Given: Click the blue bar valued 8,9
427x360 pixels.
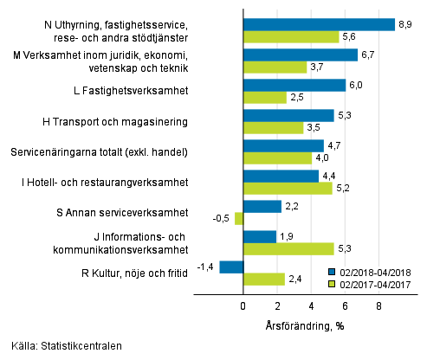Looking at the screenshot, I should (319, 24).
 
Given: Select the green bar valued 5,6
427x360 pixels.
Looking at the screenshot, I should (291, 36).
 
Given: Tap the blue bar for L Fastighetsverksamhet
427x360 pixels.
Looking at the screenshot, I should (294, 85).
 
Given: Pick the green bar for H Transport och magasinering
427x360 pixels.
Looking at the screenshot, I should (273, 127).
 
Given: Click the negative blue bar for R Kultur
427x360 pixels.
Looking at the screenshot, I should (231, 267).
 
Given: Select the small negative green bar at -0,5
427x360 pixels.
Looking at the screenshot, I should (239, 218).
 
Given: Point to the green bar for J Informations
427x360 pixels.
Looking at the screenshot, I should (288, 248).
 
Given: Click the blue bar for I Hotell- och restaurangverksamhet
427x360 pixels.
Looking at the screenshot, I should (281, 177).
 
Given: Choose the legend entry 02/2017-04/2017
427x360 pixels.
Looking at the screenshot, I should (375, 283).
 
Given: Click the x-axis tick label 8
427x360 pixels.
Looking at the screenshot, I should (379, 306).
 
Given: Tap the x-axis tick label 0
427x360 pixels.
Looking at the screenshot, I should (243, 306).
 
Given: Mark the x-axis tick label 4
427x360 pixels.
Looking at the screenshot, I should (311, 306).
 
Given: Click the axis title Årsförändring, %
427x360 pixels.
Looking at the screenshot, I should (310, 325).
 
